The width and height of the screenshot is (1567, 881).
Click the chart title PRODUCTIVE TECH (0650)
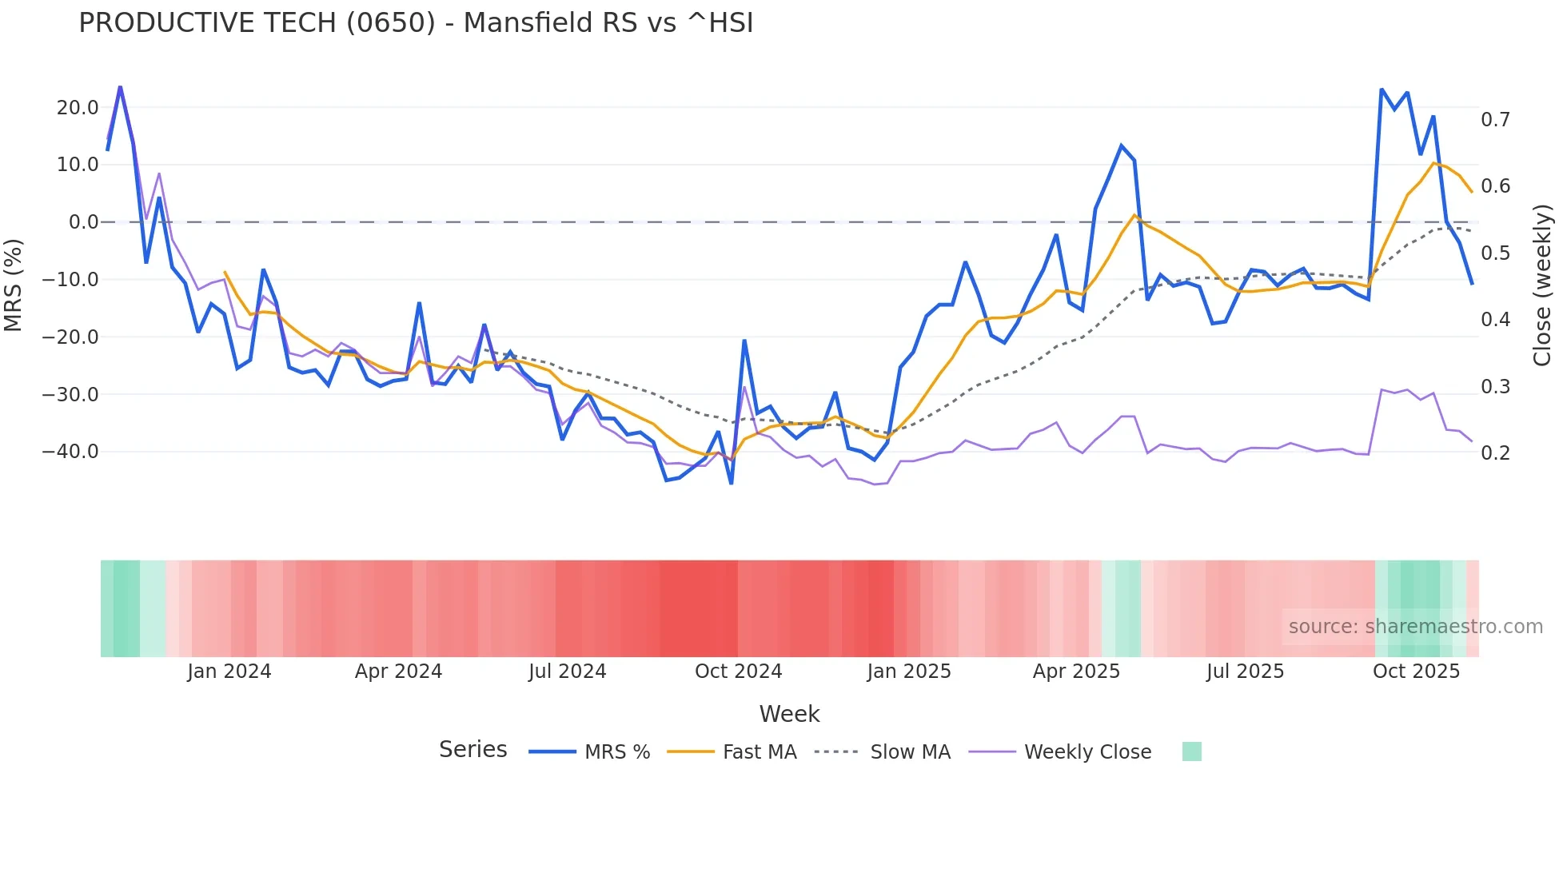coord(416,23)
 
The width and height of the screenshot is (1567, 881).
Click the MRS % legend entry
coord(616,752)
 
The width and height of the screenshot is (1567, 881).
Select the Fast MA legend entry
coord(759,752)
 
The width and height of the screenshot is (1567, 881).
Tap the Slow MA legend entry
coord(910,752)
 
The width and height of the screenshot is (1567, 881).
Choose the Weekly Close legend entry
coord(1087,752)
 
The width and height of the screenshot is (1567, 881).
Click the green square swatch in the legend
coord(1191,751)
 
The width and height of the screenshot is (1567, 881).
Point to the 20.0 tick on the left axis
coord(78,108)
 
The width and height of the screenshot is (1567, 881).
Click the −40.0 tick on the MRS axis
coord(70,452)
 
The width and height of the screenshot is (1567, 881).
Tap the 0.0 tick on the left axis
coord(83,222)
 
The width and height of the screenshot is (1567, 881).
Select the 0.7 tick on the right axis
coord(1495,120)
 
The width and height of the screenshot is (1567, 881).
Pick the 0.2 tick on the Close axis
coord(1495,453)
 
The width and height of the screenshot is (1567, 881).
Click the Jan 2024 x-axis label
coord(229,672)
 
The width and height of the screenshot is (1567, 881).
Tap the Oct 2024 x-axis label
coord(738,672)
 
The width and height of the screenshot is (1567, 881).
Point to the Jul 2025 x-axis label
coord(1245,672)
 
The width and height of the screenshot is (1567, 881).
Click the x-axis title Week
coord(789,714)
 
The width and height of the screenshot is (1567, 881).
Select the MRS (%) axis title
coord(14,285)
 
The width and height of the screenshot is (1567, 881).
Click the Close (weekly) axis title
coord(1542,285)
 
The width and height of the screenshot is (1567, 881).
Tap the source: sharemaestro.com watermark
coord(1415,627)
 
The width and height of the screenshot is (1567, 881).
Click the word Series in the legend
coord(472,750)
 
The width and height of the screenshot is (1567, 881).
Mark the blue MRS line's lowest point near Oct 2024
coord(731,483)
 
